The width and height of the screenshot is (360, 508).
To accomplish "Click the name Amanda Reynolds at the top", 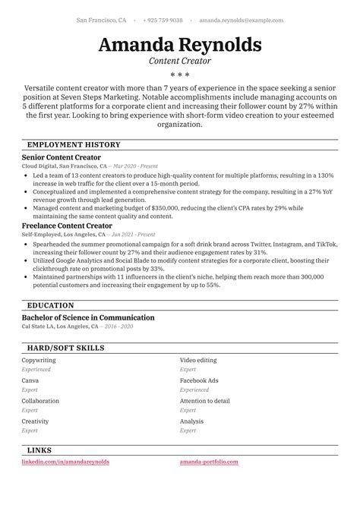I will click(x=180, y=44).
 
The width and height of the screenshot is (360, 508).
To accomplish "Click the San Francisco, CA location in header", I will click(x=102, y=21).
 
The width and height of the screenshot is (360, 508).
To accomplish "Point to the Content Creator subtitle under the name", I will click(x=180, y=61).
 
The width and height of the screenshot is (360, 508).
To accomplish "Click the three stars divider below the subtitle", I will click(x=180, y=75).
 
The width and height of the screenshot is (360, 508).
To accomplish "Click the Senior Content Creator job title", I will click(x=62, y=157).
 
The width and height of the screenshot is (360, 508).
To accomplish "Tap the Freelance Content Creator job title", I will click(x=67, y=226).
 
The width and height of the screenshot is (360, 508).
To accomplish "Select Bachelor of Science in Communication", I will click(x=88, y=317).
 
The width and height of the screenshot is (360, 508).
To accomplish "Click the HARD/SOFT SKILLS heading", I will click(x=66, y=348).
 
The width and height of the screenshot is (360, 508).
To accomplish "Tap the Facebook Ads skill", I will click(x=199, y=380).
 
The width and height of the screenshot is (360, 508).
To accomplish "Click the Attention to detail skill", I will click(x=205, y=401).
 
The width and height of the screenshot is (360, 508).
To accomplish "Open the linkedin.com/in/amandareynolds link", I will click(x=65, y=461).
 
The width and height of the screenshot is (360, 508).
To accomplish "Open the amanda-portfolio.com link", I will click(x=209, y=461).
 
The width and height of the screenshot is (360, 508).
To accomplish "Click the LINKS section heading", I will click(x=39, y=450).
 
